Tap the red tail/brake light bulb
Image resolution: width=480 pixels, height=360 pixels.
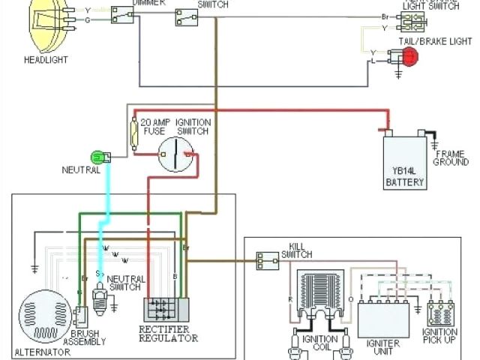pyautogui.click(x=409, y=56)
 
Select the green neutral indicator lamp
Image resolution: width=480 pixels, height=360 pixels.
pyautogui.click(x=97, y=157)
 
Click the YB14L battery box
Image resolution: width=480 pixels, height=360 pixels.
pyautogui.click(x=404, y=161)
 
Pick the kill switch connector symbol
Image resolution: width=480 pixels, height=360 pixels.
pyautogui.click(x=265, y=260)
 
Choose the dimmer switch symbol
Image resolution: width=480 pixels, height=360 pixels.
pyautogui.click(x=122, y=14)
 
